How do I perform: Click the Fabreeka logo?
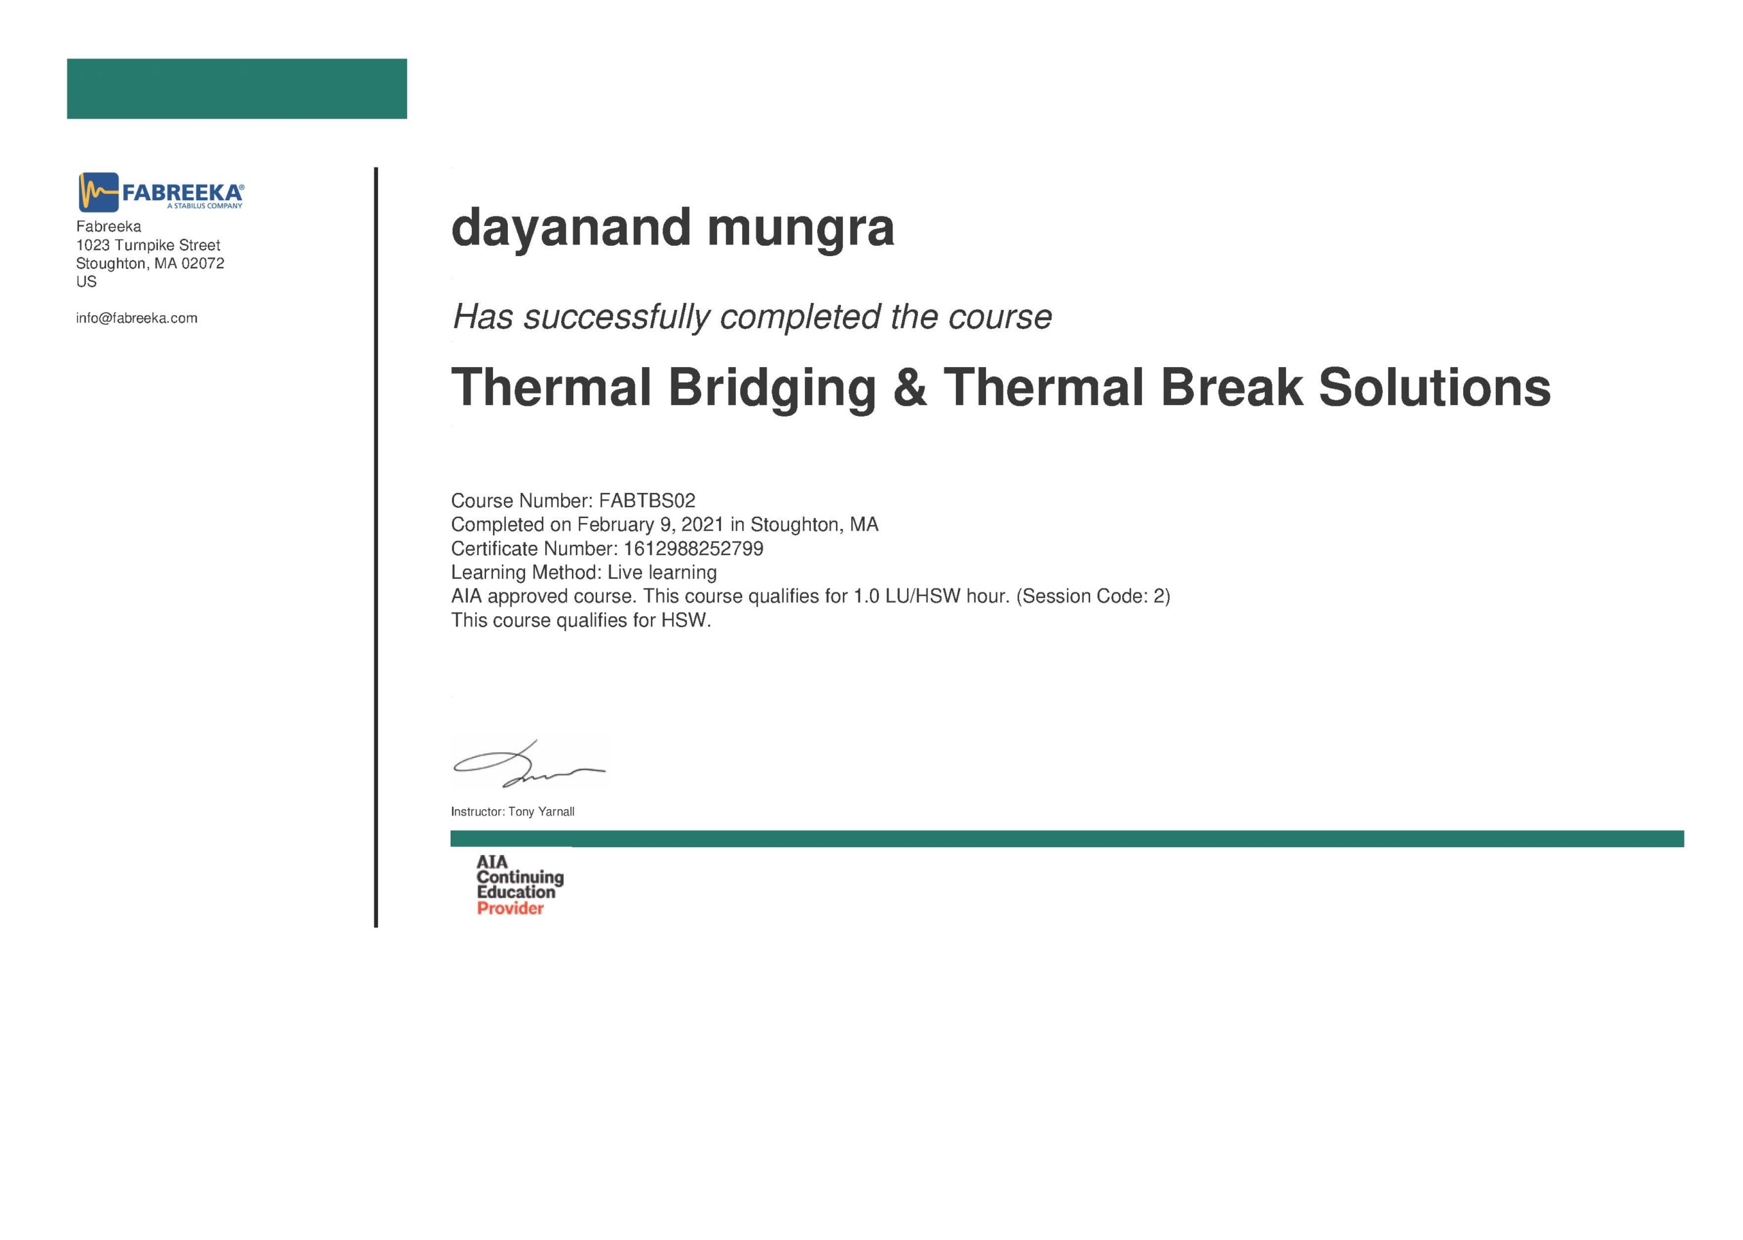(161, 191)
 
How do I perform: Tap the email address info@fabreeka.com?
(137, 319)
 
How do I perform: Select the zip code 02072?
(203, 264)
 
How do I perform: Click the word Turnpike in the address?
(145, 245)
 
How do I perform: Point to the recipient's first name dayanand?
(571, 228)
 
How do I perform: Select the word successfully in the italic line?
(616, 317)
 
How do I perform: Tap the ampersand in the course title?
(910, 387)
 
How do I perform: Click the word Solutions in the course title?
(1435, 387)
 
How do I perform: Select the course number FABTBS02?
(647, 501)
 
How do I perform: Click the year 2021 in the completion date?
(703, 524)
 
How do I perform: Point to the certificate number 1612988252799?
(693, 549)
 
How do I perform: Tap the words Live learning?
(662, 573)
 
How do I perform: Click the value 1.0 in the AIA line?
(867, 597)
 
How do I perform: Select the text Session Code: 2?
(1093, 597)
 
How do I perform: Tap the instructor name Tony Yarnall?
(541, 812)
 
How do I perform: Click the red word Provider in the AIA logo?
(510, 908)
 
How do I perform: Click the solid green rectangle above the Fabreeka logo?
(237, 89)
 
